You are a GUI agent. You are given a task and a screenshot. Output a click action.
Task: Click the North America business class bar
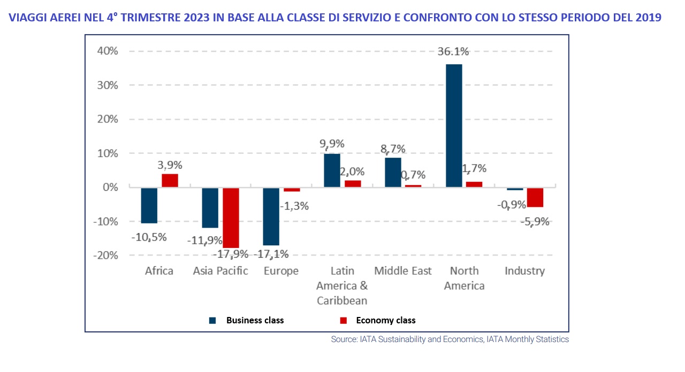(x=454, y=126)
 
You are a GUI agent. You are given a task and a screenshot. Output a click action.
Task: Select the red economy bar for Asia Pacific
(x=231, y=218)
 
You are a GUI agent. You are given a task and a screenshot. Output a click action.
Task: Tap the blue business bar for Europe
(x=271, y=216)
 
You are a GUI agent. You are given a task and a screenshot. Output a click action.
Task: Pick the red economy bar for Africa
(x=170, y=181)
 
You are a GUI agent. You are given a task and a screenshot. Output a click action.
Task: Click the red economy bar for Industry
(x=535, y=197)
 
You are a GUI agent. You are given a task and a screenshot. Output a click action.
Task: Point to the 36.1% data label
(x=453, y=52)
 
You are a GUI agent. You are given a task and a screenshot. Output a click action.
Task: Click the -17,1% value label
(x=271, y=253)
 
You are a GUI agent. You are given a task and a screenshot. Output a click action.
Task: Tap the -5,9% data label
(x=535, y=221)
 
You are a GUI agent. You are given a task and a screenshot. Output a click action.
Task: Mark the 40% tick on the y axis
(x=107, y=51)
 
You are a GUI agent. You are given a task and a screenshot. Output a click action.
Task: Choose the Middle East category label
(x=402, y=271)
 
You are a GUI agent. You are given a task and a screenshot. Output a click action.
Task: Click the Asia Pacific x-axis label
(x=220, y=271)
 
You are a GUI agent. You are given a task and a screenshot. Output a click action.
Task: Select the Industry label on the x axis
(x=524, y=271)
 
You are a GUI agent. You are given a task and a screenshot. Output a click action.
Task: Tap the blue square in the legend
(x=212, y=321)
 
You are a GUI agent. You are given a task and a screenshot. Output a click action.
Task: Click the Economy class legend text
(x=385, y=321)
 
